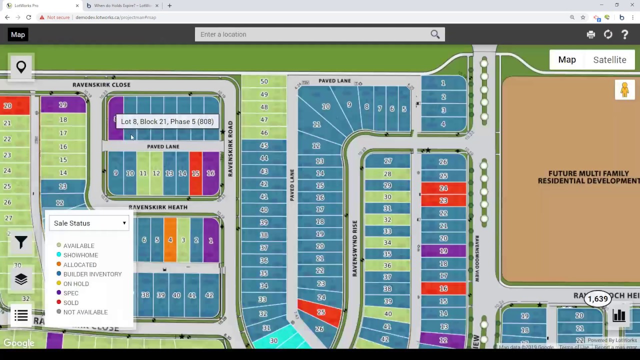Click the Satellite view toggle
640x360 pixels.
pyautogui.click(x=609, y=60)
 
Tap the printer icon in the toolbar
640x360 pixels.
pyautogui.click(x=591, y=34)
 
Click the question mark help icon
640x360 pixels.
pyautogui.click(x=624, y=34)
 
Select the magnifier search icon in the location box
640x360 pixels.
pyautogui.click(x=435, y=34)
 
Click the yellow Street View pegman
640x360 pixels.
pyautogui.click(x=624, y=90)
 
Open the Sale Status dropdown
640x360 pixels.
pyautogui.click(x=89, y=223)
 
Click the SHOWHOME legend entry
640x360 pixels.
pyautogui.click(x=80, y=255)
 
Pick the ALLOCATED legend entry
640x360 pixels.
pyautogui.click(x=79, y=264)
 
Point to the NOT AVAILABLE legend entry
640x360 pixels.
pyautogui.click(x=85, y=312)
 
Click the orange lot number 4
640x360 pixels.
pyautogui.click(x=170, y=240)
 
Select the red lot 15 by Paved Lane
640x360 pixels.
pyautogui.click(x=195, y=173)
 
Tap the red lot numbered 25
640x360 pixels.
pyautogui.click(x=320, y=312)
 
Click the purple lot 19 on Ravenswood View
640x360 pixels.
pyautogui.click(x=443, y=251)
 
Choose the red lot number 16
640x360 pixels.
pyautogui.click(x=443, y=288)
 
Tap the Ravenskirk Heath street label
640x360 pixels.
pyautogui.click(x=158, y=207)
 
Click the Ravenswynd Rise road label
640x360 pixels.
pyautogui.click(x=355, y=248)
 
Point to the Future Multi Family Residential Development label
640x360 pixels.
pyautogui.click(x=588, y=177)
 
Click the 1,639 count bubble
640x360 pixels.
pyautogui.click(x=598, y=299)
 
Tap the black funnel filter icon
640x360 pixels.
pyautogui.click(x=21, y=242)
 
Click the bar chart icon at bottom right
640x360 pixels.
pyautogui.click(x=619, y=315)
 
